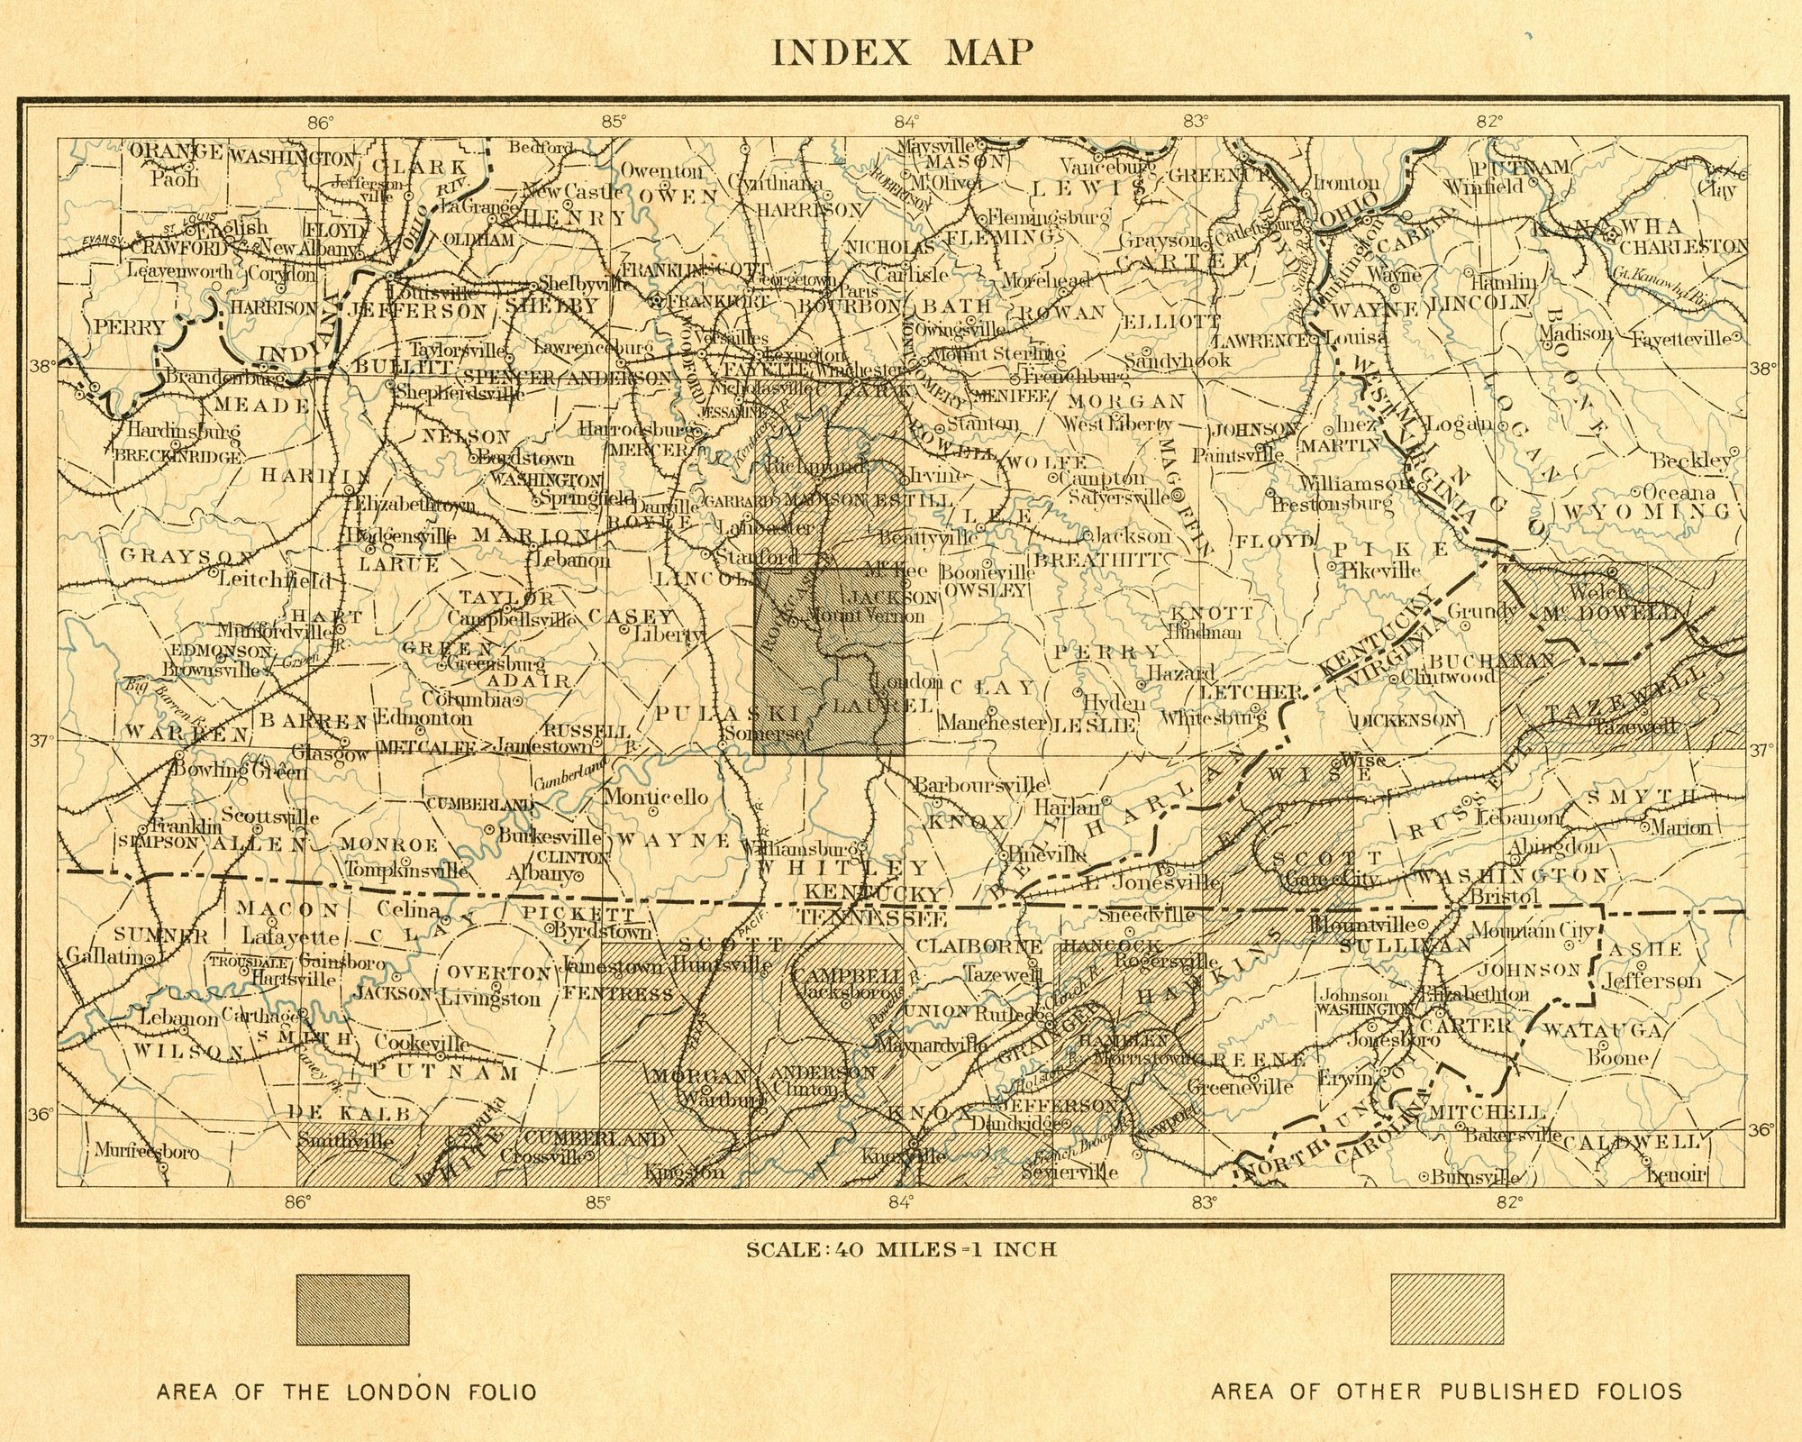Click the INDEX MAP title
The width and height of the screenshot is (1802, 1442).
[902, 52]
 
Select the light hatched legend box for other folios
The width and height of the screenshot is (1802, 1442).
[1447, 1310]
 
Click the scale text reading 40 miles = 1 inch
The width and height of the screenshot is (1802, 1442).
[901, 1249]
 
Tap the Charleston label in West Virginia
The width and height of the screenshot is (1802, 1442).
[1683, 246]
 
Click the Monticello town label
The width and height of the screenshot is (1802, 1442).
[655, 797]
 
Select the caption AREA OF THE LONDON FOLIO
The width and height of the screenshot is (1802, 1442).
[347, 1392]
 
